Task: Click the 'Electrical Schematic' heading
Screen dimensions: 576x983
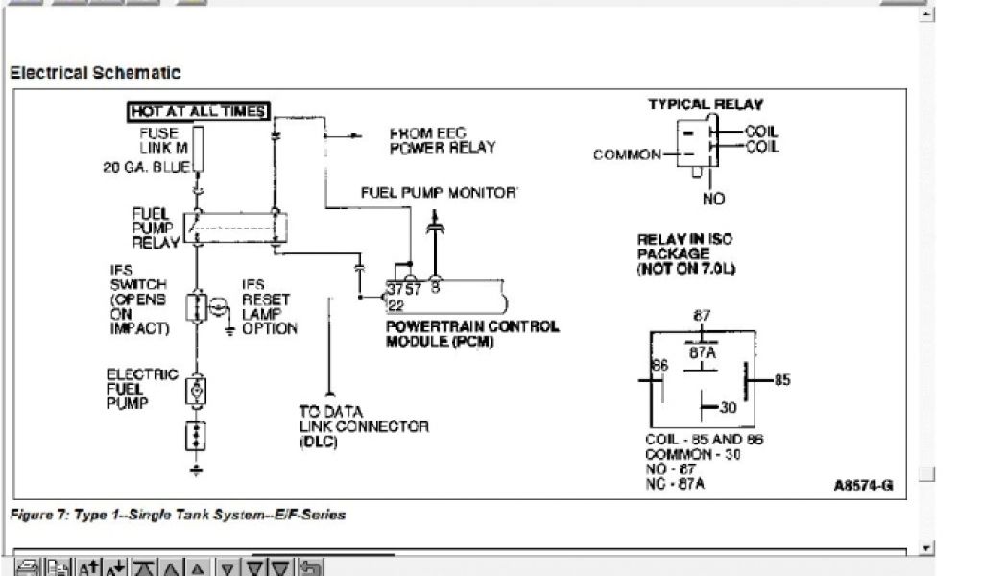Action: pos(95,73)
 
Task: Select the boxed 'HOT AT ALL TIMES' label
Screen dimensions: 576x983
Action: pos(199,111)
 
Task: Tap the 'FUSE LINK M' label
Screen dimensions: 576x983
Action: pos(163,141)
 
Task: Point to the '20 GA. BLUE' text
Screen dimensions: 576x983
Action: pos(146,167)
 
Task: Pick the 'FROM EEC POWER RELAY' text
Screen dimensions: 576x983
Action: pos(443,140)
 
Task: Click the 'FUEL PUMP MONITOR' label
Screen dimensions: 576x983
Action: pos(439,192)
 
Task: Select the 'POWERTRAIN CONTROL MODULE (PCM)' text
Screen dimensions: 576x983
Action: pos(471,333)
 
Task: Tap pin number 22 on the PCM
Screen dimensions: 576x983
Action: pos(395,305)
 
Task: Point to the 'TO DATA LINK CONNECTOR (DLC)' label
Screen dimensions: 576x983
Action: pos(363,425)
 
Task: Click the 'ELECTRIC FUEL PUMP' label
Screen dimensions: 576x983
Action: pos(142,389)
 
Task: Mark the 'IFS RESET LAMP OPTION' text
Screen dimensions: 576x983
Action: pos(269,307)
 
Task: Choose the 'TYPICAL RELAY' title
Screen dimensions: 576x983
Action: pos(706,105)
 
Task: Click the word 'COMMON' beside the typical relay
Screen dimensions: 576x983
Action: pos(627,155)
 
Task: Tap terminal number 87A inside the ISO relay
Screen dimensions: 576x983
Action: pos(704,351)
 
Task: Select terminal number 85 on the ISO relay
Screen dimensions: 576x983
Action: pos(781,380)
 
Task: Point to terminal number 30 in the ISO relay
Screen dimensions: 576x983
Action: pos(728,408)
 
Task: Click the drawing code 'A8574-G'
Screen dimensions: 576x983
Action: pos(863,486)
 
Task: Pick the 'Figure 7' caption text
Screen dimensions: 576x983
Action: pos(178,515)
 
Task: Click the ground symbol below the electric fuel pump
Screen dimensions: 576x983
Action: pos(196,469)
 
